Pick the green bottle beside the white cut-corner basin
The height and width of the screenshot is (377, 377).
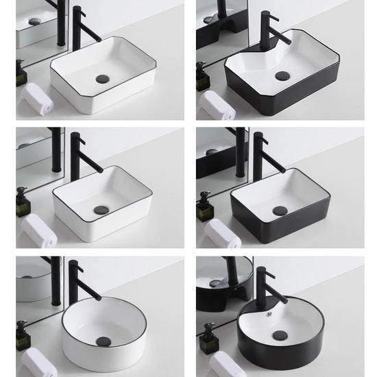(x=21, y=74)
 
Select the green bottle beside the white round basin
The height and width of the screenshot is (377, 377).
(x=21, y=336)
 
